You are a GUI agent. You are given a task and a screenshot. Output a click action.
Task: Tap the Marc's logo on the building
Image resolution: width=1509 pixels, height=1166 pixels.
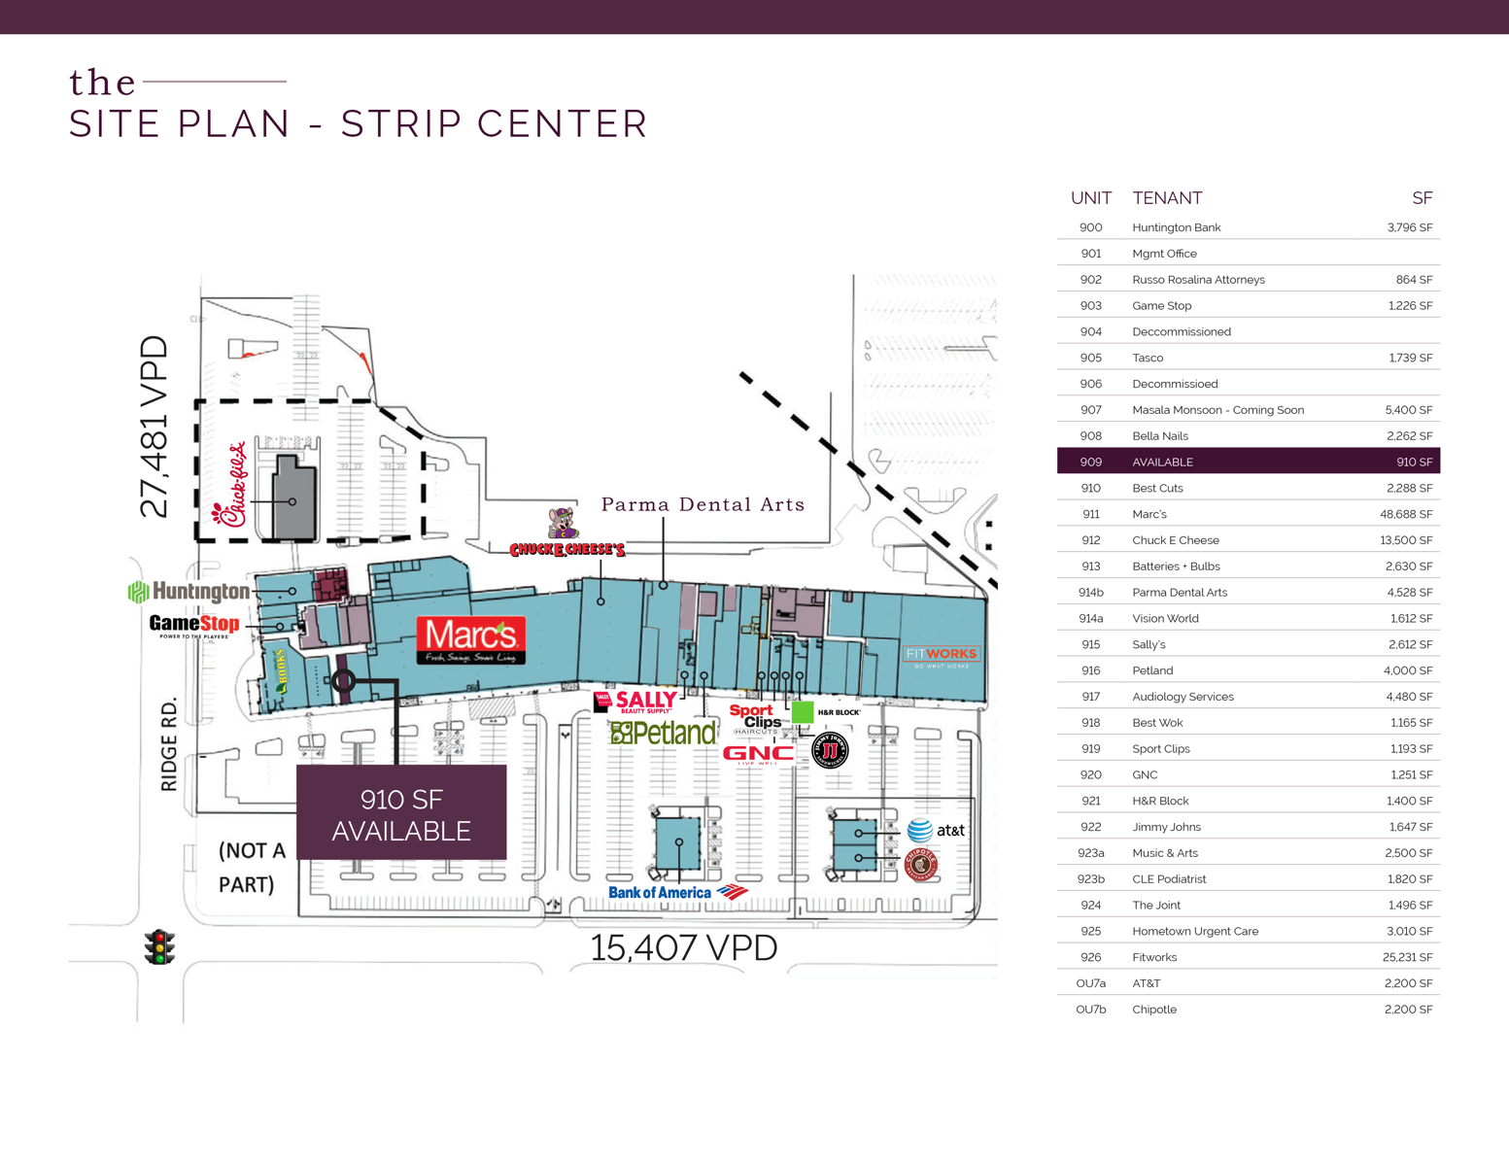point(471,639)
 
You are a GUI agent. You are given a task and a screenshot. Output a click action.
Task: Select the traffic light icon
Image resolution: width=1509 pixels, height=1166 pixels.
point(159,946)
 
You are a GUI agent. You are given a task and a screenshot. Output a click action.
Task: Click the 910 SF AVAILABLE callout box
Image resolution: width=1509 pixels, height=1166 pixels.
point(401,813)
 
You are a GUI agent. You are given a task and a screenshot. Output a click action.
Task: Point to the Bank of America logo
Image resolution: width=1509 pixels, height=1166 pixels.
point(677,892)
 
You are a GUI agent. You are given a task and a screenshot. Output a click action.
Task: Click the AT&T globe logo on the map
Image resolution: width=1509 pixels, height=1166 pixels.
point(920,830)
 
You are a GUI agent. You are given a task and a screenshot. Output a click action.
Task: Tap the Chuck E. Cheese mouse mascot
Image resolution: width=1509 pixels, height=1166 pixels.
point(563,523)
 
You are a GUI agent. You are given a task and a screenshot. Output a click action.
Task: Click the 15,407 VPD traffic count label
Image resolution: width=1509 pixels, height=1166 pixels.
point(684,947)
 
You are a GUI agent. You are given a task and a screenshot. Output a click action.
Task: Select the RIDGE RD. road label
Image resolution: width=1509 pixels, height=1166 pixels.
point(170,743)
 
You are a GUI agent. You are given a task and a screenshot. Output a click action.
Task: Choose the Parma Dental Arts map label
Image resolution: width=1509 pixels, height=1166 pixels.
point(703,504)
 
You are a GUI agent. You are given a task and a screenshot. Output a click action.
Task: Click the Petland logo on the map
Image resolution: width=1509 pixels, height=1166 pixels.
point(663,733)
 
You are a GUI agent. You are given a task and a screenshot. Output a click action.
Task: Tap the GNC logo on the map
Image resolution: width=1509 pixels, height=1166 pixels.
point(758,753)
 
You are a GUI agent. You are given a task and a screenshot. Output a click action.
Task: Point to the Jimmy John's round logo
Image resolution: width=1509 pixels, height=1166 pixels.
point(830,749)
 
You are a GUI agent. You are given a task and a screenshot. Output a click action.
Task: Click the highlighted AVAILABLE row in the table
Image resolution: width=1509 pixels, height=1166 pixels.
point(1248,462)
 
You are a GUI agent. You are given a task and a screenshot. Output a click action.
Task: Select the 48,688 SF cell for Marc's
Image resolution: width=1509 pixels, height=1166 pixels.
point(1406,514)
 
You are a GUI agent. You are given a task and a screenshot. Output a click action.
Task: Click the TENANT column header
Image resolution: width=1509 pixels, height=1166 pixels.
point(1167,198)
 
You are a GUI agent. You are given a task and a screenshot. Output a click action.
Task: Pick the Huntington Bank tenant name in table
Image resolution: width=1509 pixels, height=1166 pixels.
point(1176,227)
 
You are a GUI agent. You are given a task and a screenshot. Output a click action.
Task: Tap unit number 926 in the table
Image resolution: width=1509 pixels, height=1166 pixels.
point(1090,957)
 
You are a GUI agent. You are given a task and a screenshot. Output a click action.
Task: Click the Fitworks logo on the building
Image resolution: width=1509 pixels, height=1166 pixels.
point(941,656)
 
